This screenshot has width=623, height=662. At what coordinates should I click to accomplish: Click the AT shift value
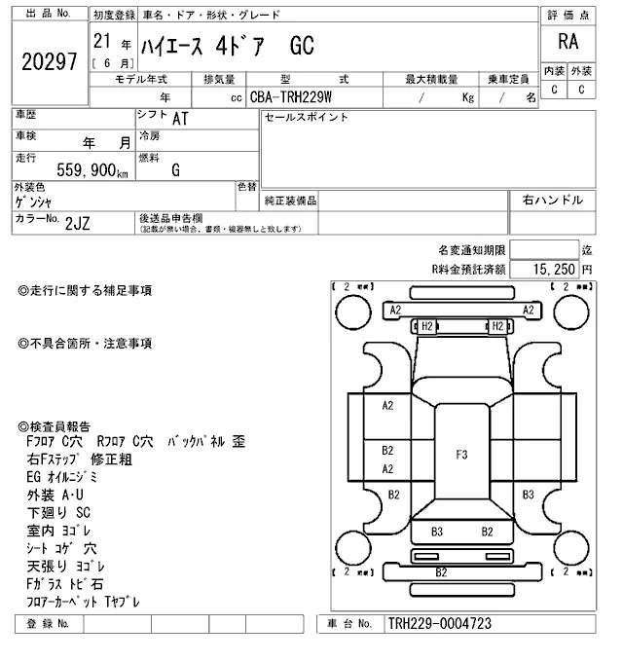(x=180, y=119)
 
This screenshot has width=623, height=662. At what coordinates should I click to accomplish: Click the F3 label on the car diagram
(x=461, y=454)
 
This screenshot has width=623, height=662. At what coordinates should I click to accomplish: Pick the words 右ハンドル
(x=553, y=200)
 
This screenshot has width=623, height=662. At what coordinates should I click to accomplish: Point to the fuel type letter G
(x=175, y=171)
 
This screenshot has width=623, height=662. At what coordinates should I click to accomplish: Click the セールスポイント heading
(x=306, y=117)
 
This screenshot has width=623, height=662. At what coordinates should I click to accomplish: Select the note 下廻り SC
(x=59, y=512)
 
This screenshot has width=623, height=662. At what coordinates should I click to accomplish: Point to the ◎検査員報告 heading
(x=55, y=426)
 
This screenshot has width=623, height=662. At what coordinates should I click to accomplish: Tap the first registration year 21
(x=100, y=42)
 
